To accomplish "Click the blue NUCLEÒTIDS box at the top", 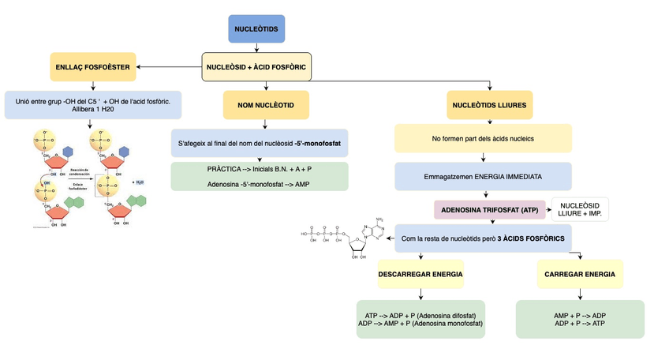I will (256, 29).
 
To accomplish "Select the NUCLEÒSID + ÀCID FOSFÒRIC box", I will (256, 67).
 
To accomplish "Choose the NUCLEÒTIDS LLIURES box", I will (489, 104).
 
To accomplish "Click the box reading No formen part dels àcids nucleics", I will (483, 139).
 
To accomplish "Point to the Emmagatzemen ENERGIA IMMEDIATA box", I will (483, 176).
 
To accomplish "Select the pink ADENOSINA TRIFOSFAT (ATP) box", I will (489, 210).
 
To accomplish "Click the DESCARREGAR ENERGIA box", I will (420, 274).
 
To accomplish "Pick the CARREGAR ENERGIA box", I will (580, 274).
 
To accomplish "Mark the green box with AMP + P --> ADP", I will (580, 319).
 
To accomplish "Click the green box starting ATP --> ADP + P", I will (420, 319).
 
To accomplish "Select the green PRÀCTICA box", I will (260, 176).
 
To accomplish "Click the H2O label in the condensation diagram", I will (139, 182).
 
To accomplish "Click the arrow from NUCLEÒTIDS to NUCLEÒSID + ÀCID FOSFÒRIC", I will (256, 48).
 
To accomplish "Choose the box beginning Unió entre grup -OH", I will (93, 104).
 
